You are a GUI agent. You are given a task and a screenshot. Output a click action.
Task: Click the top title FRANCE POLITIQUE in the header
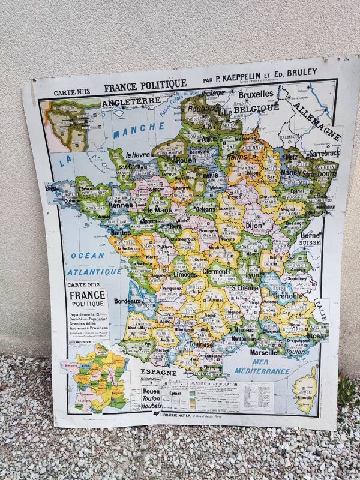(145, 86)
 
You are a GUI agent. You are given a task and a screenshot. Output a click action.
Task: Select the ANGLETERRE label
(125, 103)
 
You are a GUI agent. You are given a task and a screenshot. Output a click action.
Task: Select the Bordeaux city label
(127, 300)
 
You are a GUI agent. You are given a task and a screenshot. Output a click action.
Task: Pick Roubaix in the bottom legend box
(153, 406)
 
